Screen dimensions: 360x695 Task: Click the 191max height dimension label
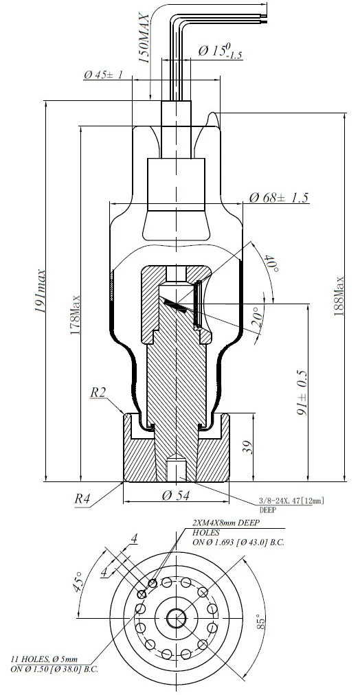(41, 290)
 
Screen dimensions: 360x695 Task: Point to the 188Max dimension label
(339, 297)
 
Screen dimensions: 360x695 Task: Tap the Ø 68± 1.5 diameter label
(278, 197)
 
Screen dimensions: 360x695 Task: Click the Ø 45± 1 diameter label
(103, 74)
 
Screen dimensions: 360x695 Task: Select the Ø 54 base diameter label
(176, 495)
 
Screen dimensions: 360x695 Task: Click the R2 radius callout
(98, 393)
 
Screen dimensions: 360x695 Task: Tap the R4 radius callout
(83, 499)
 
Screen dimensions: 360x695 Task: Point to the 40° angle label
(269, 263)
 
